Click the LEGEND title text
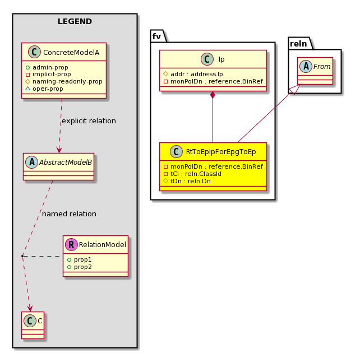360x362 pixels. pyautogui.click(x=75, y=21)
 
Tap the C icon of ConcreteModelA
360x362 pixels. pyautogui.click(x=34, y=52)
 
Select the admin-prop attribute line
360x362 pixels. pyautogui.click(x=47, y=67)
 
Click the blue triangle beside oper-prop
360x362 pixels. pyautogui.click(x=27, y=89)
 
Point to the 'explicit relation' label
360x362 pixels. pyautogui.click(x=89, y=120)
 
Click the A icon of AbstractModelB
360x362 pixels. pyautogui.click(x=32, y=162)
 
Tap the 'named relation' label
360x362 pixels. pyautogui.click(x=69, y=214)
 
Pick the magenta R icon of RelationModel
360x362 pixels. pyautogui.click(x=71, y=244)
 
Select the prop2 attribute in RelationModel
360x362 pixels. pyautogui.click(x=80, y=267)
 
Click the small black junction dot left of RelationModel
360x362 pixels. pyautogui.click(x=22, y=256)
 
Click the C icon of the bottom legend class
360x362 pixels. pyautogui.click(x=30, y=321)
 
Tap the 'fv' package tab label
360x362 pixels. pyautogui.click(x=156, y=36)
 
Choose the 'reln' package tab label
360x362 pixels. pyautogui.click(x=298, y=43)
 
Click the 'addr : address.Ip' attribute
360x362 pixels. pyautogui.click(x=193, y=74)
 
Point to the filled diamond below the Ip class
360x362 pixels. pyautogui.click(x=213, y=95)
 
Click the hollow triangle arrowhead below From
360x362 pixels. pyautogui.click(x=295, y=89)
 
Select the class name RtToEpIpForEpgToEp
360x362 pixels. pyautogui.click(x=221, y=152)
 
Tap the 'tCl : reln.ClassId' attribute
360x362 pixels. pyautogui.click(x=192, y=174)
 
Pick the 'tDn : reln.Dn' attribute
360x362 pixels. pyautogui.click(x=187, y=181)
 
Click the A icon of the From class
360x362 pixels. pyautogui.click(x=306, y=66)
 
